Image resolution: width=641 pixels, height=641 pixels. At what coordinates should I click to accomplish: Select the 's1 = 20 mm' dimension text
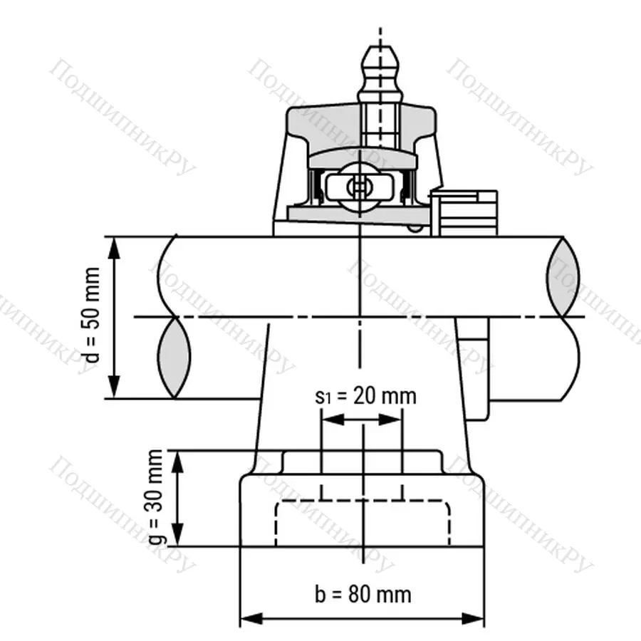click(365, 396)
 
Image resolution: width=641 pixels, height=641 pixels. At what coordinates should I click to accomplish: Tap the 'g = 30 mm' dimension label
click(157, 497)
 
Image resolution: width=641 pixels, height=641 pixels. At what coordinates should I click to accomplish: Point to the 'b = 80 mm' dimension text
click(363, 593)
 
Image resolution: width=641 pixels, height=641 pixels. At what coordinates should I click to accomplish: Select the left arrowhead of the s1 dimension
click(330, 420)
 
